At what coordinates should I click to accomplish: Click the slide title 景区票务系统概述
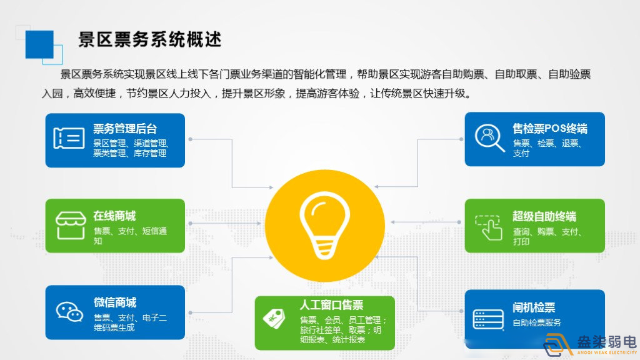pyautogui.click(x=150, y=39)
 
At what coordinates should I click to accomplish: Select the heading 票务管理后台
pyautogui.click(x=125, y=129)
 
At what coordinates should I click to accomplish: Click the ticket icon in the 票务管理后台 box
pyautogui.click(x=69, y=139)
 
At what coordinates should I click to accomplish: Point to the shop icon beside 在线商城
pyautogui.click(x=70, y=226)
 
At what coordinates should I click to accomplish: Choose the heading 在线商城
pyautogui.click(x=114, y=216)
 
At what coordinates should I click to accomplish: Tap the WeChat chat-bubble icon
pyautogui.click(x=69, y=311)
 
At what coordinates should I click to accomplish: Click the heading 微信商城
pyautogui.click(x=114, y=302)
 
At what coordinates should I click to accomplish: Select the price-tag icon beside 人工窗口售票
pyautogui.click(x=274, y=319)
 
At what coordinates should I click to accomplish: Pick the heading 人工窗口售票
pyautogui.click(x=331, y=305)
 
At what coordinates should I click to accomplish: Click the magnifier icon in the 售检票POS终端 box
pyautogui.click(x=489, y=137)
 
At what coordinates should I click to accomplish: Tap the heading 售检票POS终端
pyautogui.click(x=550, y=129)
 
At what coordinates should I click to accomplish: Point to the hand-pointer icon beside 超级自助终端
pyautogui.click(x=489, y=227)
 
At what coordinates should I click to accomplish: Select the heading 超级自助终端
pyautogui.click(x=544, y=216)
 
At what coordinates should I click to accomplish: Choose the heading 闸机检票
pyautogui.click(x=534, y=307)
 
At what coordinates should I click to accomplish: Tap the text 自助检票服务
pyautogui.click(x=537, y=322)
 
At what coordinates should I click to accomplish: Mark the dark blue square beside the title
pyautogui.click(x=39, y=44)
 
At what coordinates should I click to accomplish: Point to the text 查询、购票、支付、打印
pyautogui.click(x=547, y=236)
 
